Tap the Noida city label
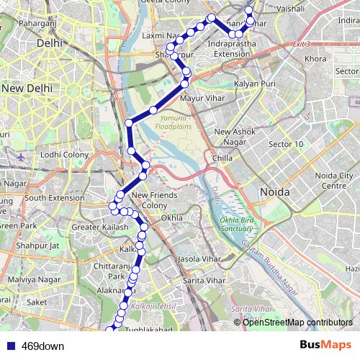(x=274, y=193)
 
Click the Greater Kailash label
(x=100, y=228)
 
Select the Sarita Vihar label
(x=204, y=279)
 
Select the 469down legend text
(x=42, y=346)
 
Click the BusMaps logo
(x=325, y=345)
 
